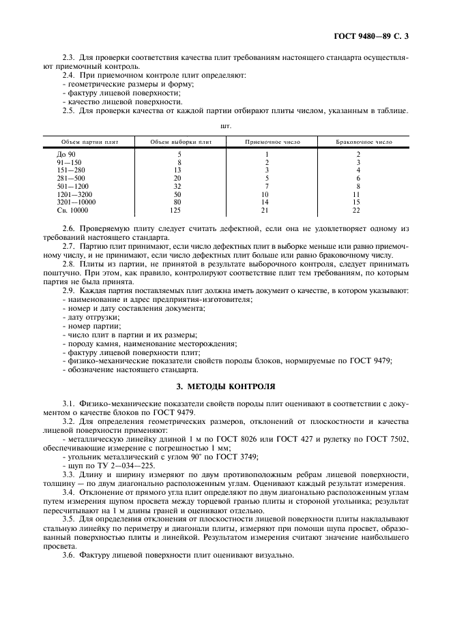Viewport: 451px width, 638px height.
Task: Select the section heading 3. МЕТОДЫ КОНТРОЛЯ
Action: pos(225,385)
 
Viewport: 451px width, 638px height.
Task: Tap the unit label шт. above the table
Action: pos(225,126)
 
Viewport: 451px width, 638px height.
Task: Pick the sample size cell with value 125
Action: pos(179,211)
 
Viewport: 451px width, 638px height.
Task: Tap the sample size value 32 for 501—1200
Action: pos(179,187)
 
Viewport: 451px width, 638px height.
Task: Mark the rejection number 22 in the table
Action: pos(358,211)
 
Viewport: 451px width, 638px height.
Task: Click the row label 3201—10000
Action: pos(76,202)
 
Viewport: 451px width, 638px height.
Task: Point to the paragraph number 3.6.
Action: pos(68,555)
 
